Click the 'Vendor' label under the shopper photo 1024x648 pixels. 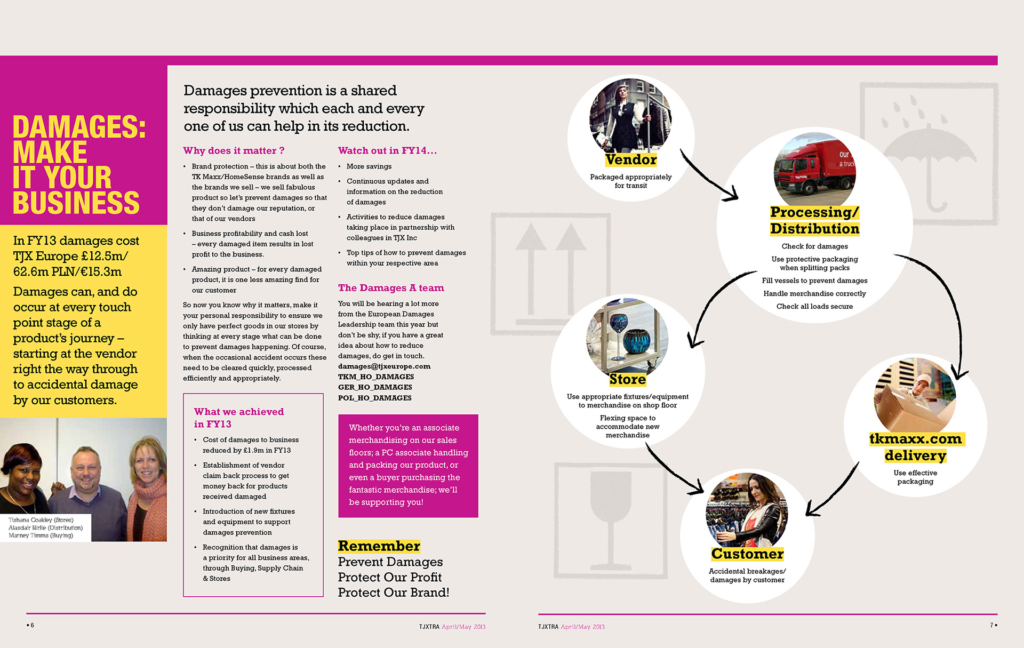coord(631,159)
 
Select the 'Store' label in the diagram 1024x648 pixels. coord(628,379)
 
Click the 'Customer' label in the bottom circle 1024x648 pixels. coord(747,554)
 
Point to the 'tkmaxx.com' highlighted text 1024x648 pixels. coord(915,439)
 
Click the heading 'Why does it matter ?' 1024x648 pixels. coord(234,151)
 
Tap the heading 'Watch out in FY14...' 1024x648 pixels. coord(387,151)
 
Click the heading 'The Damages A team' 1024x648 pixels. coord(391,288)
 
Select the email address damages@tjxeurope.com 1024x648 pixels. coord(384,366)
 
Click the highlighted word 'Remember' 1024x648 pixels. coord(379,546)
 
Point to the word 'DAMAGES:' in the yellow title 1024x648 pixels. coord(79,127)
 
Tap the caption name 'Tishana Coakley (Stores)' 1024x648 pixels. coord(41,520)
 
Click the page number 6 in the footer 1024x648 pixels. coord(31,625)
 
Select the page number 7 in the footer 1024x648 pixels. coord(992,625)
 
